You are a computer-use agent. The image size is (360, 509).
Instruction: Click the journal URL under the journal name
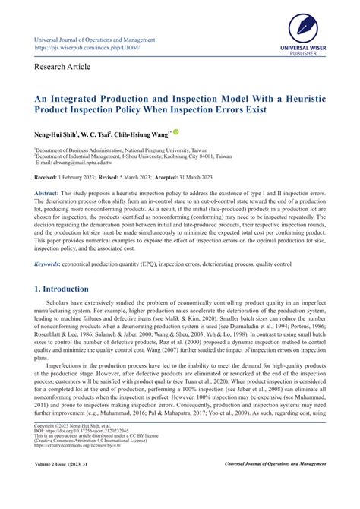(87, 49)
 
